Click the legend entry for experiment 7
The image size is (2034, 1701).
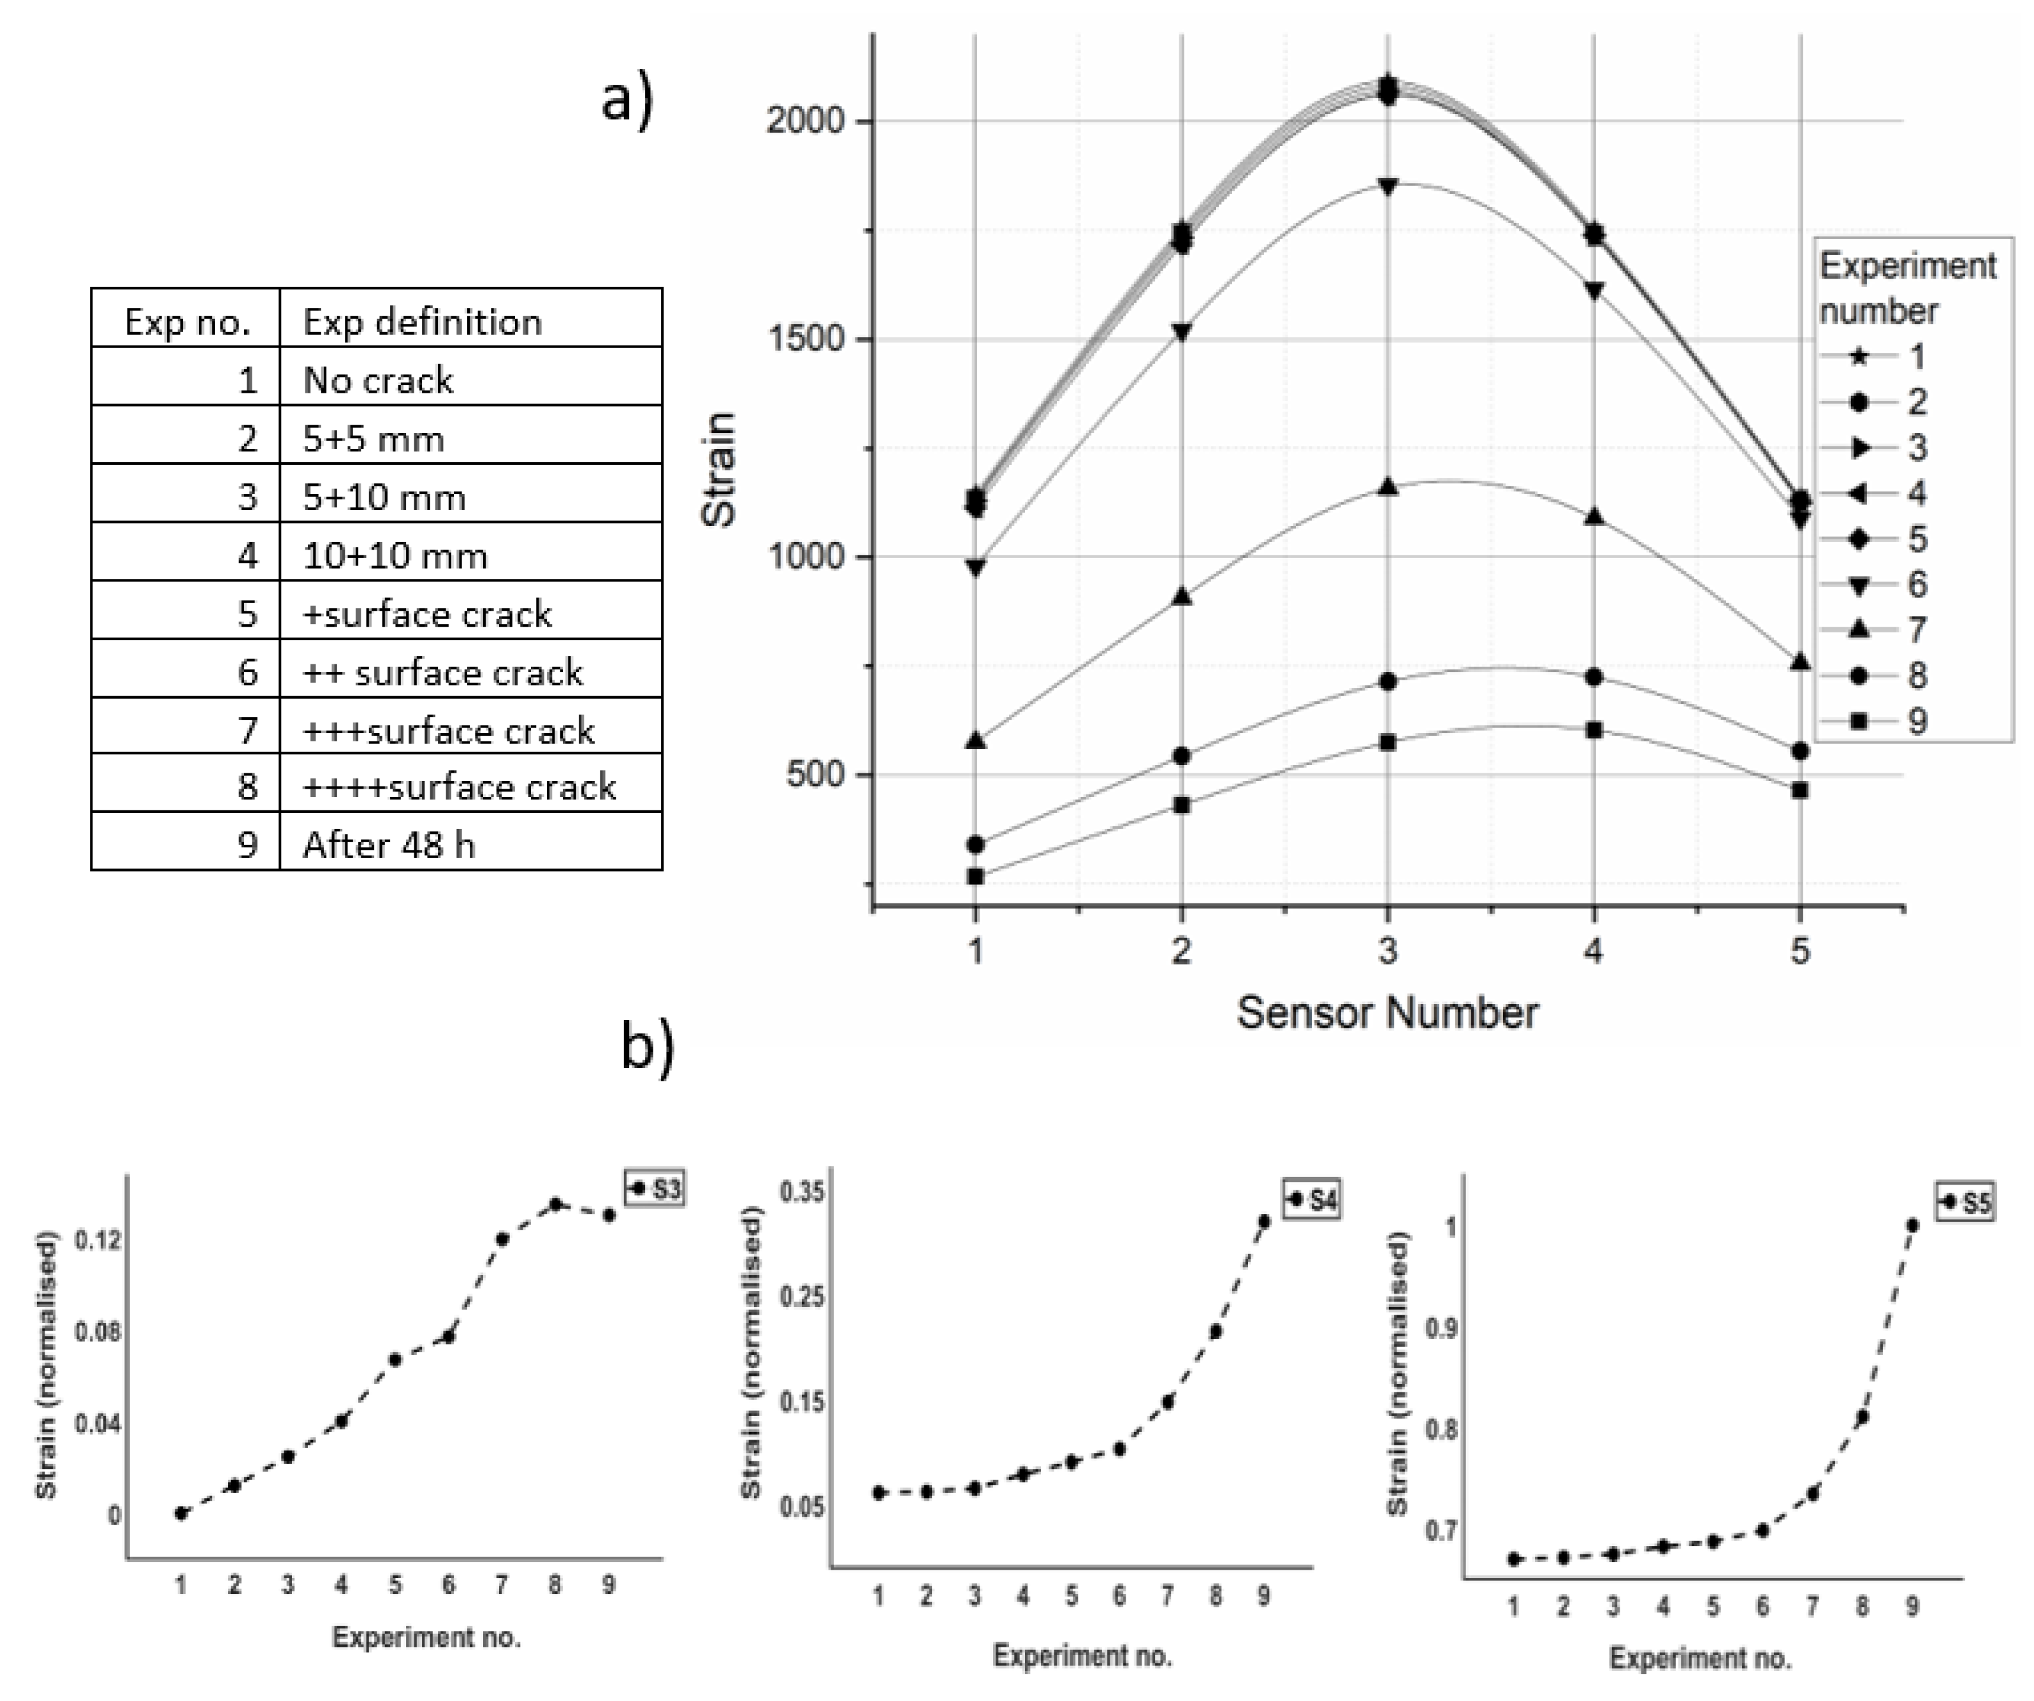pos(1873,630)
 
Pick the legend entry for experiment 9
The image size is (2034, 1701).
pos(1873,720)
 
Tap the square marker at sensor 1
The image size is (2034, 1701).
pos(975,877)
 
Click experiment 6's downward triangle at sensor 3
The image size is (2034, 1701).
pos(1387,186)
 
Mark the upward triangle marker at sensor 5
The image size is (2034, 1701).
pos(1799,662)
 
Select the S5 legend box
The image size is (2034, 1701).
pos(1965,1203)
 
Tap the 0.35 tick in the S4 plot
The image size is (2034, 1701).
pos(802,1192)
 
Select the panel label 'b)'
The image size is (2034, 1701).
pos(646,1047)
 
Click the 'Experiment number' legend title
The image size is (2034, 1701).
pos(1906,288)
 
